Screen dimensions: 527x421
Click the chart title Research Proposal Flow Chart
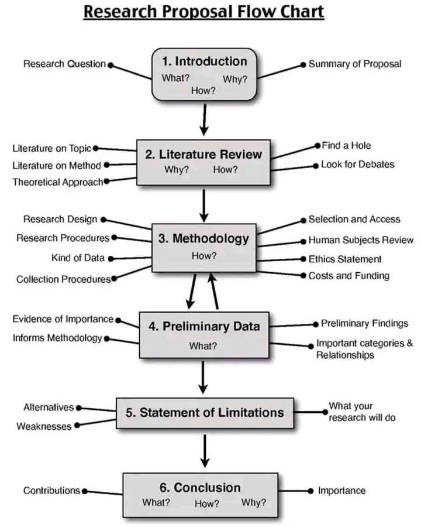tap(203, 12)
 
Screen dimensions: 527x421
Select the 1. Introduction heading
tap(204, 61)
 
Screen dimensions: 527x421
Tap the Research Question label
tap(64, 64)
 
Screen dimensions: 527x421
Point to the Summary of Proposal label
tap(355, 64)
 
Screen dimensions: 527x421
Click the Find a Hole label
tap(346, 145)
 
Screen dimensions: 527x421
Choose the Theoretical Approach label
tap(58, 182)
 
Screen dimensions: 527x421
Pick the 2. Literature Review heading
tap(203, 155)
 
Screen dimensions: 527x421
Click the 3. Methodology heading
tap(203, 238)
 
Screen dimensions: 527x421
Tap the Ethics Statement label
tap(345, 259)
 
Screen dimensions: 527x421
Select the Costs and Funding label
tap(349, 275)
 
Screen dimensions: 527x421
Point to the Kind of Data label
tap(78, 258)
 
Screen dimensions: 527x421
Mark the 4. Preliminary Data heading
tap(203, 327)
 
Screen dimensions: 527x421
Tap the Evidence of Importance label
tap(63, 319)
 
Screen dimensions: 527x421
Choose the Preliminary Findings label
tap(364, 323)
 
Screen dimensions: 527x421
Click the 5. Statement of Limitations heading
tap(205, 412)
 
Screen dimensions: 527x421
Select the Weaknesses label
tap(44, 426)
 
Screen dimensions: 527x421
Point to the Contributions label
tap(51, 491)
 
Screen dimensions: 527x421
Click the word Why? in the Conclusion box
tap(253, 502)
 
